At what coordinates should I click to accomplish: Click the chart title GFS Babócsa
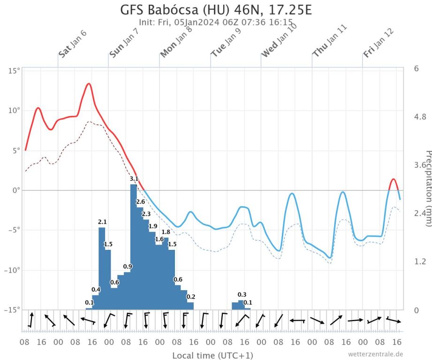[x=216, y=10]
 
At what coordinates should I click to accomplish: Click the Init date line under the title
[x=216, y=22]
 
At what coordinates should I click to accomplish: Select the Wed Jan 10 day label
[x=279, y=40]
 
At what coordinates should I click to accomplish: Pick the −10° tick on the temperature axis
[x=13, y=270]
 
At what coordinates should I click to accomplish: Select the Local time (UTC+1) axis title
[x=212, y=355]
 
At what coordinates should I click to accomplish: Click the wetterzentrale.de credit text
[x=375, y=354]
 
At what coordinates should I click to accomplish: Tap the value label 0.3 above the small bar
[x=242, y=294]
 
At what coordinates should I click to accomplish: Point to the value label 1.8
[x=166, y=232]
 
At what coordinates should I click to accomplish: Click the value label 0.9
[x=128, y=267]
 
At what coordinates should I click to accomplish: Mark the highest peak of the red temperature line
[x=88, y=83]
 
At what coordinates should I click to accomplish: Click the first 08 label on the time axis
[x=24, y=342]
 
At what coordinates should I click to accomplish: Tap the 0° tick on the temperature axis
[x=16, y=190]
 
